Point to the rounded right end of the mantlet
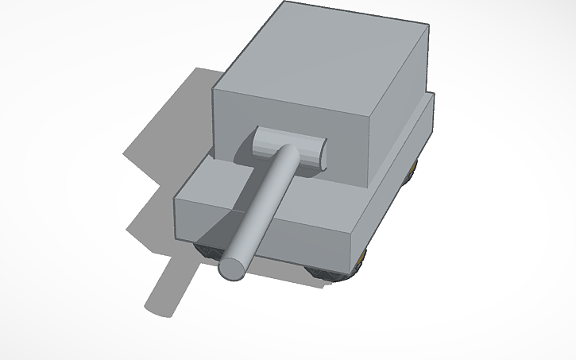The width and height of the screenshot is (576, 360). click(320, 153)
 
